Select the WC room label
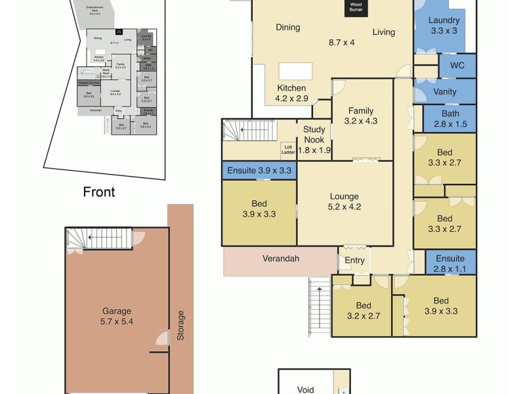[457, 66]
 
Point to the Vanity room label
[445, 92]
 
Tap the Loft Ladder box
[288, 150]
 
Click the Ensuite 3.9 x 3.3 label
[259, 171]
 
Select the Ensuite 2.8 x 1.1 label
[450, 263]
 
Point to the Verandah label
[281, 259]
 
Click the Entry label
[354, 261]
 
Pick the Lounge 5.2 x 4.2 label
[345, 202]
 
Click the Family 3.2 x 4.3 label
[362, 116]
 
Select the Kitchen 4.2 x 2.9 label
[291, 93]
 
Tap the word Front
[99, 192]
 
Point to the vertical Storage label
[180, 326]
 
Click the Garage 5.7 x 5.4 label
[116, 317]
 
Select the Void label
[306, 389]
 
